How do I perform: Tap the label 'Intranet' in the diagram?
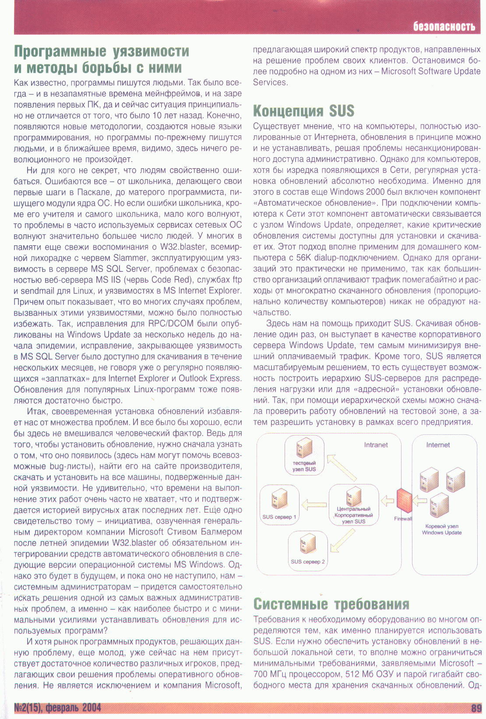point(376,445)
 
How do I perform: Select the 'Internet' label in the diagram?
point(438,445)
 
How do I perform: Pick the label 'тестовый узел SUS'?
point(304,466)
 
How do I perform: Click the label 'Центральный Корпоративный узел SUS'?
point(353,515)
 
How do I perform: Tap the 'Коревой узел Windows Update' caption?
point(442,529)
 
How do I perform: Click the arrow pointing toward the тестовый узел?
point(342,468)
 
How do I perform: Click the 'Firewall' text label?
point(403,519)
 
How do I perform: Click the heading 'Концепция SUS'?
point(303,111)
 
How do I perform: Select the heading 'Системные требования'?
point(331,604)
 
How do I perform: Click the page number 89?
point(476,708)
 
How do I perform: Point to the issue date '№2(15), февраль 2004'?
point(57,708)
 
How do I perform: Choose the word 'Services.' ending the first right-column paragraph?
point(270,82)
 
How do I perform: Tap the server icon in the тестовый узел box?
point(304,448)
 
